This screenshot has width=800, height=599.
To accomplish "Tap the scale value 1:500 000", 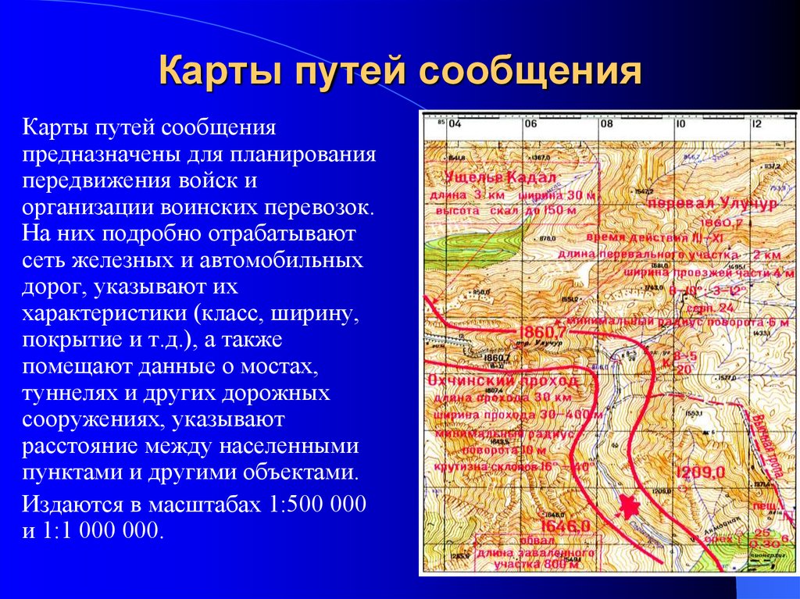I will pos(318,505).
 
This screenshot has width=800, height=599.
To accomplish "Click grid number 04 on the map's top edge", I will pos(455,123).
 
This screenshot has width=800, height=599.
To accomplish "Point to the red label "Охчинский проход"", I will pos(504,381).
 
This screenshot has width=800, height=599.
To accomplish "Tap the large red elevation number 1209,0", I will pos(701,472).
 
